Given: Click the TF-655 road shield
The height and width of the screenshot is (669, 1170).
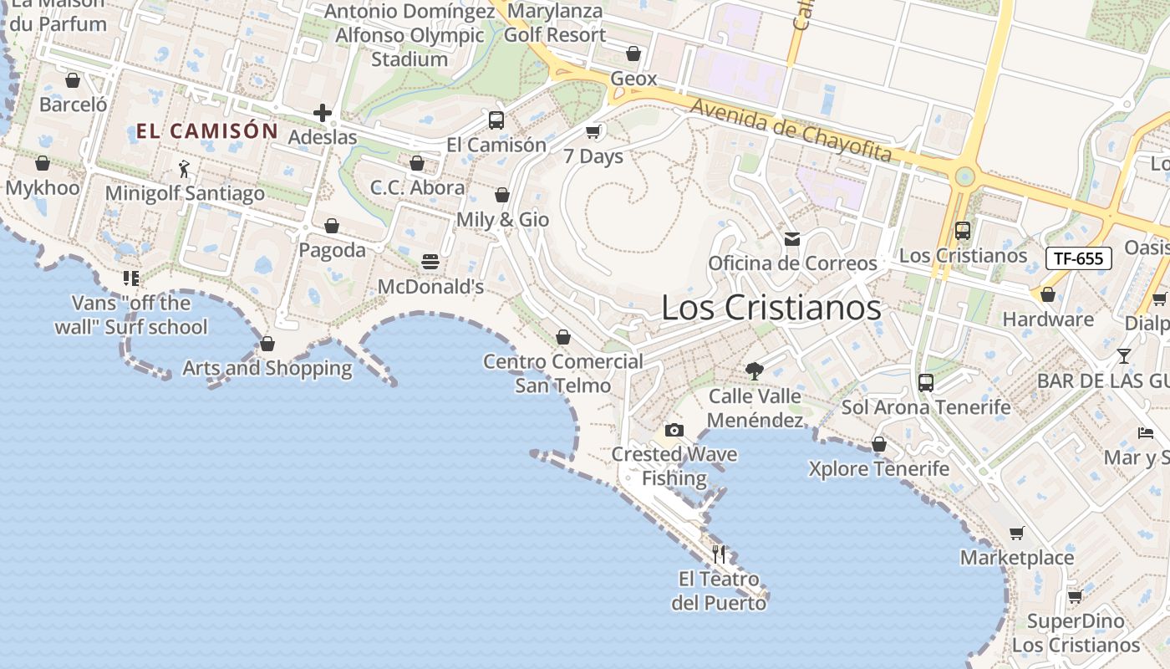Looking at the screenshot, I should tap(1078, 258).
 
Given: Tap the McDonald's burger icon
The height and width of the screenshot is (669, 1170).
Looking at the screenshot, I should tap(430, 262).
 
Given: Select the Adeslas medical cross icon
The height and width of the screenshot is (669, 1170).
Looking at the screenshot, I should tap(323, 113).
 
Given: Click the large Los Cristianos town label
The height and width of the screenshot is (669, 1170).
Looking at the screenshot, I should tap(771, 308).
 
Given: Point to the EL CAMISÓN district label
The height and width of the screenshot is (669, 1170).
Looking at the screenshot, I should tap(206, 130).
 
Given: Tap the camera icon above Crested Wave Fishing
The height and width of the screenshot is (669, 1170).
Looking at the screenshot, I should tap(674, 431).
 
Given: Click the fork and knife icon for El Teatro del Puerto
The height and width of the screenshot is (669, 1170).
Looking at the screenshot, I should tap(719, 553).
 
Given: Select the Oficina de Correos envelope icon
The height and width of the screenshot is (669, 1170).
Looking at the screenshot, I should tap(792, 239).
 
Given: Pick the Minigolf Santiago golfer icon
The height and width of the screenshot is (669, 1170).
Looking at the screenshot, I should tap(185, 169).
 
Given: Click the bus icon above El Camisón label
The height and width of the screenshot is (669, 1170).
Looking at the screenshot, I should tap(496, 120).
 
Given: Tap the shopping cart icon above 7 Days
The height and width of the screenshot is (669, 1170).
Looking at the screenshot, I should tap(593, 131).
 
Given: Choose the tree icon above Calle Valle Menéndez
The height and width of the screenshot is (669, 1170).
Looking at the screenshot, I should tap(755, 371).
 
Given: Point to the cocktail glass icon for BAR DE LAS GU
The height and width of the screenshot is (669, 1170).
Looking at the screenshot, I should tap(1124, 356).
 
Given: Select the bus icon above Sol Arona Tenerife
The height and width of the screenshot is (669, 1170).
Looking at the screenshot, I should tap(926, 383).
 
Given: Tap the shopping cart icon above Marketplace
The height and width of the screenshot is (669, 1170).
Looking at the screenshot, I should tap(1017, 534).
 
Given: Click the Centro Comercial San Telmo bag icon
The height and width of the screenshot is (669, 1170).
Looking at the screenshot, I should tap(563, 337).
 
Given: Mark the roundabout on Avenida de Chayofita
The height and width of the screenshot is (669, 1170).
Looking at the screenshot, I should tap(965, 176).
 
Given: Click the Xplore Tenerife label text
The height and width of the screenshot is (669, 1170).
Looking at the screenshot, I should tap(878, 468).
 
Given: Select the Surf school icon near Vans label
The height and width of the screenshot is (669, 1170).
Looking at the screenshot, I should tap(131, 278).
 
